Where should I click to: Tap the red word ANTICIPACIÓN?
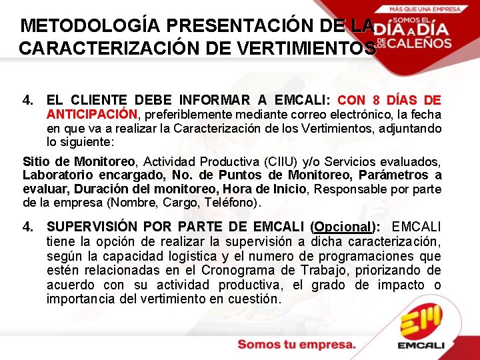91,114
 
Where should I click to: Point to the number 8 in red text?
377,101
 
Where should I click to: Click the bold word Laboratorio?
55,175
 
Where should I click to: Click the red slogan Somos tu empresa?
297,345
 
